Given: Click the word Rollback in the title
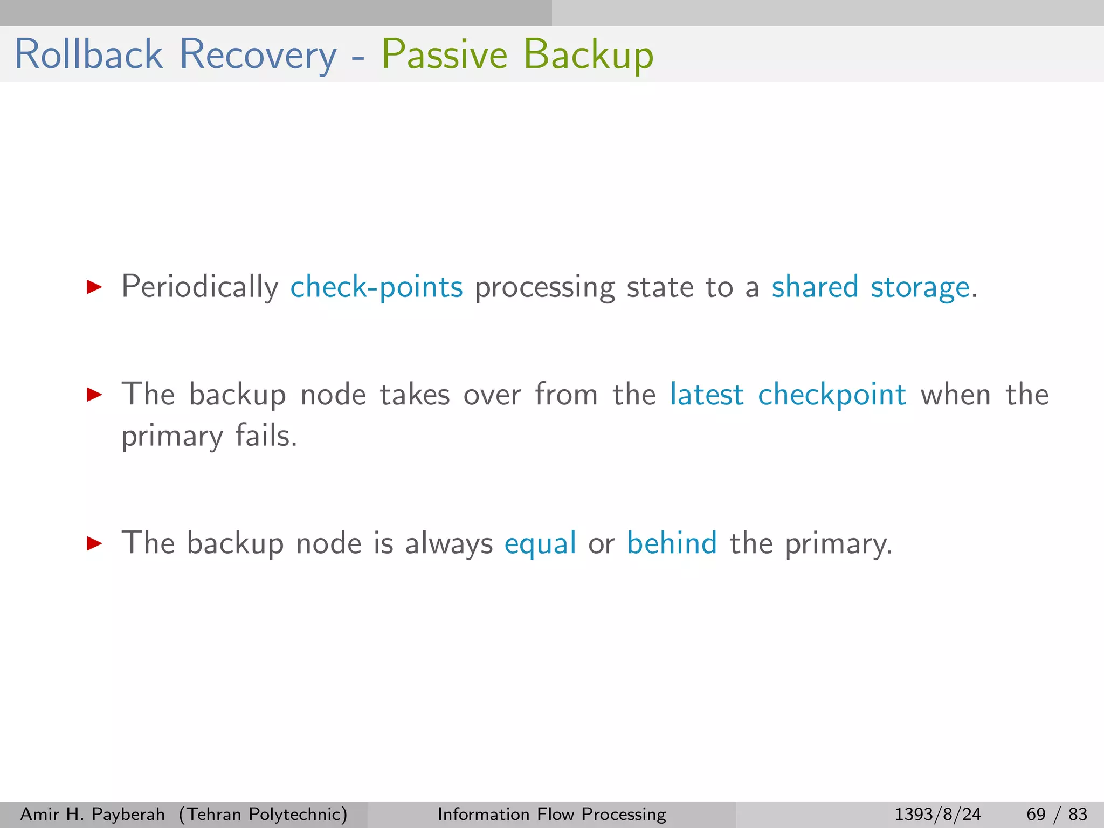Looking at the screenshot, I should pyautogui.click(x=89, y=54).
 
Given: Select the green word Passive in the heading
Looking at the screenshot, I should pyautogui.click(x=444, y=54).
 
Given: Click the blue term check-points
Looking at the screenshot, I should pyautogui.click(x=376, y=287).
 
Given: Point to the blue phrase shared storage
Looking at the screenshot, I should pyautogui.click(x=871, y=287).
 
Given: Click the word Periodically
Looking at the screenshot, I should pyautogui.click(x=200, y=287).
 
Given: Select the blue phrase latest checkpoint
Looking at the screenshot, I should pyautogui.click(x=788, y=395).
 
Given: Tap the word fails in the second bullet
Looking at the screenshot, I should pyautogui.click(x=266, y=436).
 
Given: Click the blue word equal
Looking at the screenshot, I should pyautogui.click(x=540, y=543).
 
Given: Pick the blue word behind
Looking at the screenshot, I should pyautogui.click(x=672, y=543).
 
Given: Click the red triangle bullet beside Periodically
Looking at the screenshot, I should pyautogui.click(x=94, y=287).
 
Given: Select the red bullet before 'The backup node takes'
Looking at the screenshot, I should pyautogui.click(x=94, y=395).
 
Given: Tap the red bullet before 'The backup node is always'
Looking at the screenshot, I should pyautogui.click(x=94, y=543).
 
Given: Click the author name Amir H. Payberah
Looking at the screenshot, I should pyautogui.click(x=92, y=814).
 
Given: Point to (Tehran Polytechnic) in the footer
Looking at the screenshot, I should pyautogui.click(x=263, y=814).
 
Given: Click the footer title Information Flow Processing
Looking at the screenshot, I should pyautogui.click(x=551, y=814).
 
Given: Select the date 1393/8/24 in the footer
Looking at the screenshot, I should pyautogui.click(x=937, y=814).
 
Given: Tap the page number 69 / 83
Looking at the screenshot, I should pyautogui.click(x=1057, y=814).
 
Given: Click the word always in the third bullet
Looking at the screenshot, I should pyautogui.click(x=448, y=543).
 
